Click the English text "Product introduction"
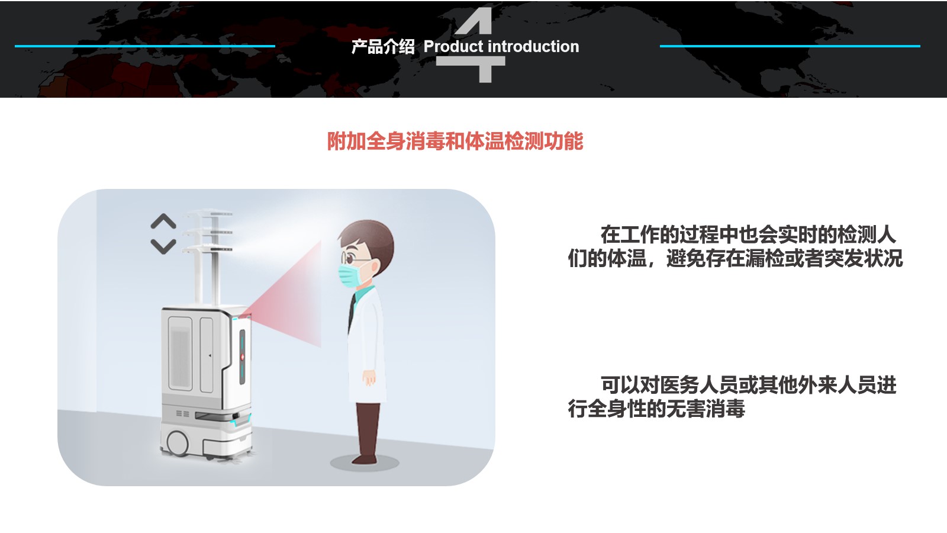point(501,47)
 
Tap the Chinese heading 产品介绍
point(383,47)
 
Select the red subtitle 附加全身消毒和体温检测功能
point(455,142)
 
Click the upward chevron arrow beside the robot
point(163,221)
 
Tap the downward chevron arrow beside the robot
point(163,246)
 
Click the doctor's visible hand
point(369,377)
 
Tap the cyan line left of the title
point(144,46)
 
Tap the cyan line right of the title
point(790,46)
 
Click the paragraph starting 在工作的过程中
point(735,246)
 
